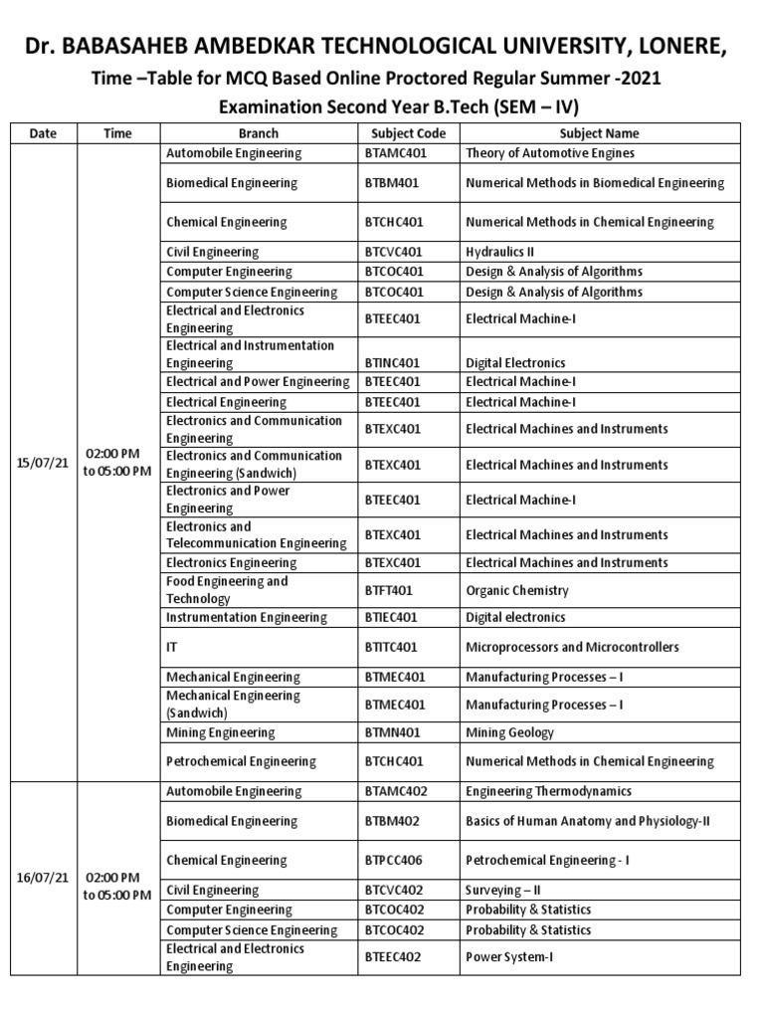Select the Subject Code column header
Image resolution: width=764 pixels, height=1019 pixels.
click(x=408, y=133)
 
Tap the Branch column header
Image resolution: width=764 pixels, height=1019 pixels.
click(x=259, y=133)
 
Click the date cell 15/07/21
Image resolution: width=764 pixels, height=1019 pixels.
click(x=42, y=463)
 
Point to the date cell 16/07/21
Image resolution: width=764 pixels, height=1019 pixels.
click(x=42, y=878)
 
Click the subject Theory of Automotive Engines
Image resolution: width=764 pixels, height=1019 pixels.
click(x=549, y=153)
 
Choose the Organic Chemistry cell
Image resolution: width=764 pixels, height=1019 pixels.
click(x=516, y=590)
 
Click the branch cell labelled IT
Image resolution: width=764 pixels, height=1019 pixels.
click(x=172, y=647)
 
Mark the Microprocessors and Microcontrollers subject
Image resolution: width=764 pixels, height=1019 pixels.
click(x=572, y=647)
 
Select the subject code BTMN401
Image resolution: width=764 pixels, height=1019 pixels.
click(x=391, y=733)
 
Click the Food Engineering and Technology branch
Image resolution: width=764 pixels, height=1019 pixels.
click(x=227, y=590)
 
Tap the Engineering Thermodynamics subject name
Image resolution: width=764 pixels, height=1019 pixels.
click(x=548, y=791)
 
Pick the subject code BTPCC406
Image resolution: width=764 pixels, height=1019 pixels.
click(x=394, y=860)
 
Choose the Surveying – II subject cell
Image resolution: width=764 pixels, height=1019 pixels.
click(x=502, y=890)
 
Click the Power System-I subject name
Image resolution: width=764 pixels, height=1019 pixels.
click(x=506, y=957)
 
